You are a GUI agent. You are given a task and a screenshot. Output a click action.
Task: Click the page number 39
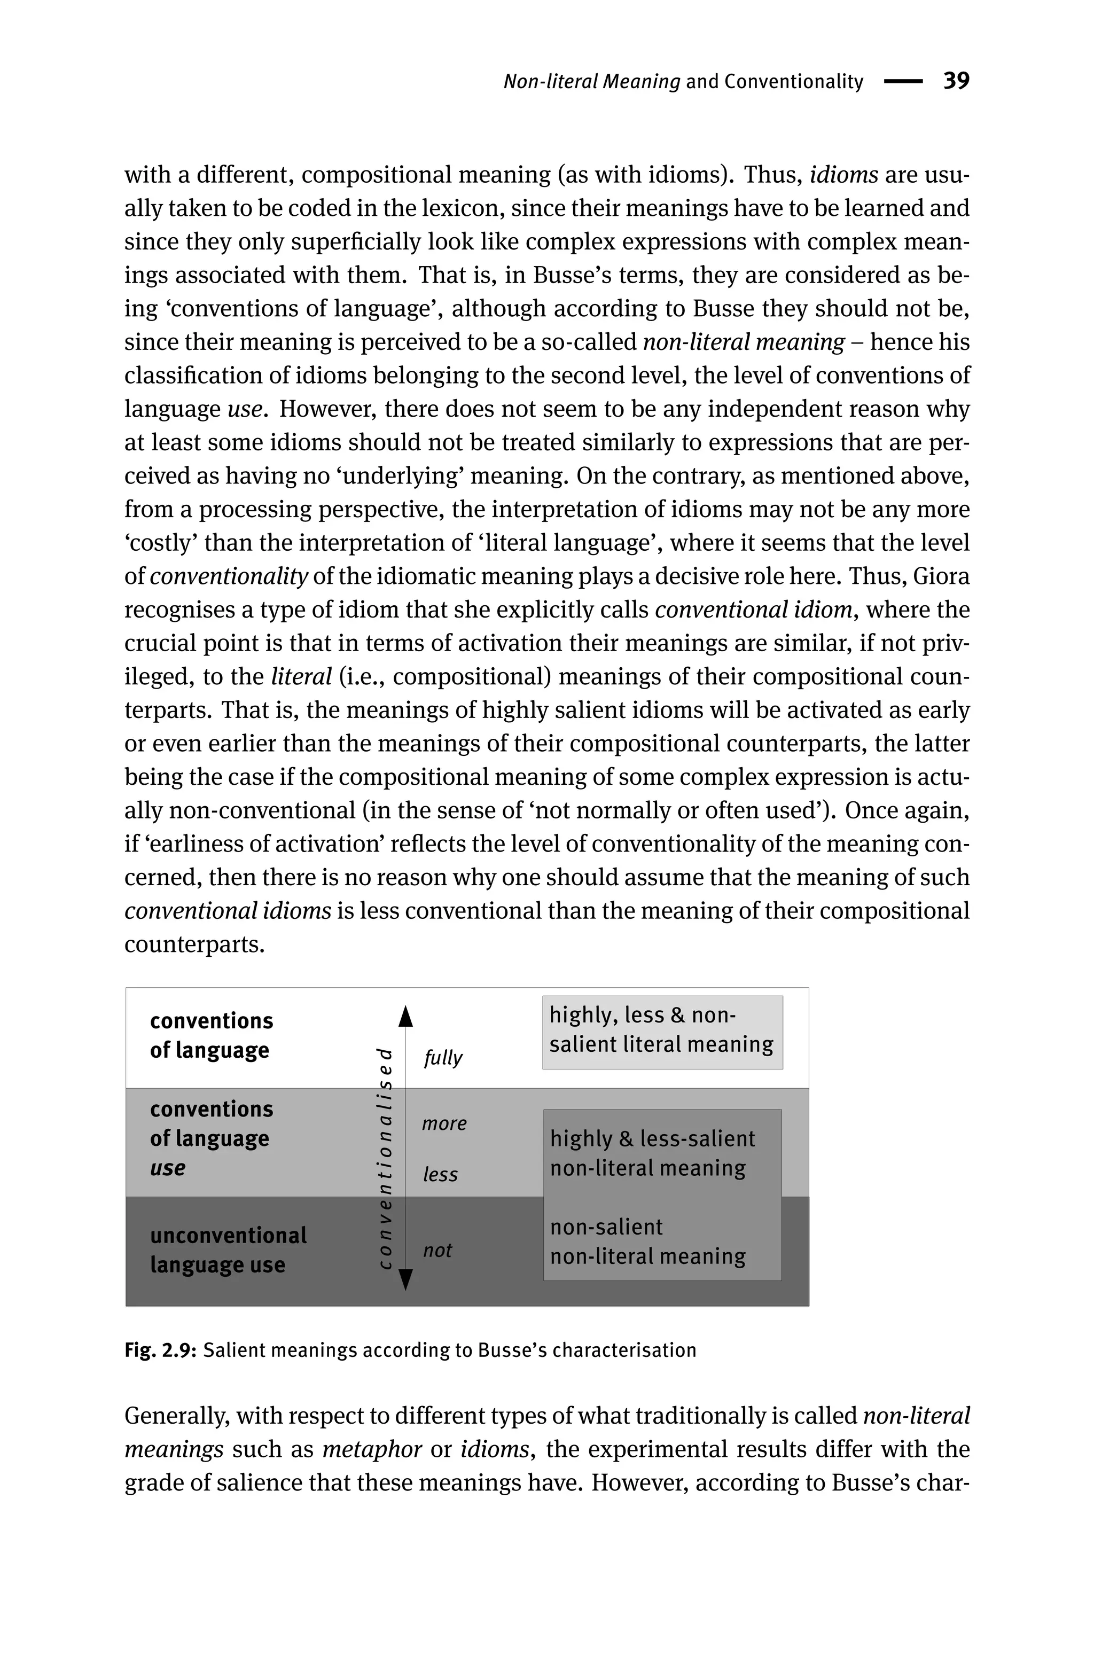(956, 81)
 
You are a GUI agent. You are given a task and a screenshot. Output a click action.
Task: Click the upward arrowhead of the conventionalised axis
(405, 1017)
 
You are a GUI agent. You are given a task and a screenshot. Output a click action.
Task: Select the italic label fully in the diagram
(443, 1058)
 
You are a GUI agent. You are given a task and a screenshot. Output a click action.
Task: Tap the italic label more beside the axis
(444, 1123)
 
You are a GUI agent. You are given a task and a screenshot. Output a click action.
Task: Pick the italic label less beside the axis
(440, 1175)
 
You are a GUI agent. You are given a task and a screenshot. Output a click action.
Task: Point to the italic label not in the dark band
(437, 1250)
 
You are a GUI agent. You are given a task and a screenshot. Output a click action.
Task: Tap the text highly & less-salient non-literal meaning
(652, 1153)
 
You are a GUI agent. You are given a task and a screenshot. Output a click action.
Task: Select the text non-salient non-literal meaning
(647, 1242)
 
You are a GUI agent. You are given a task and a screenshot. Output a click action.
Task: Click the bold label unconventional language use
(228, 1250)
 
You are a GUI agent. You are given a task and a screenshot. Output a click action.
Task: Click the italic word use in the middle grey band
(168, 1168)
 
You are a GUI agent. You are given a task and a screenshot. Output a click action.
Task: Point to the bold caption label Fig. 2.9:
(161, 1350)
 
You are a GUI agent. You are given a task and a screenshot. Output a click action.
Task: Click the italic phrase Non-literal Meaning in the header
(591, 82)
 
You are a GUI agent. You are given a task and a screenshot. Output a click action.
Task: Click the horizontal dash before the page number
(903, 82)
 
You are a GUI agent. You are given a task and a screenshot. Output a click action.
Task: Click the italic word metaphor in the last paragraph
(372, 1449)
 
